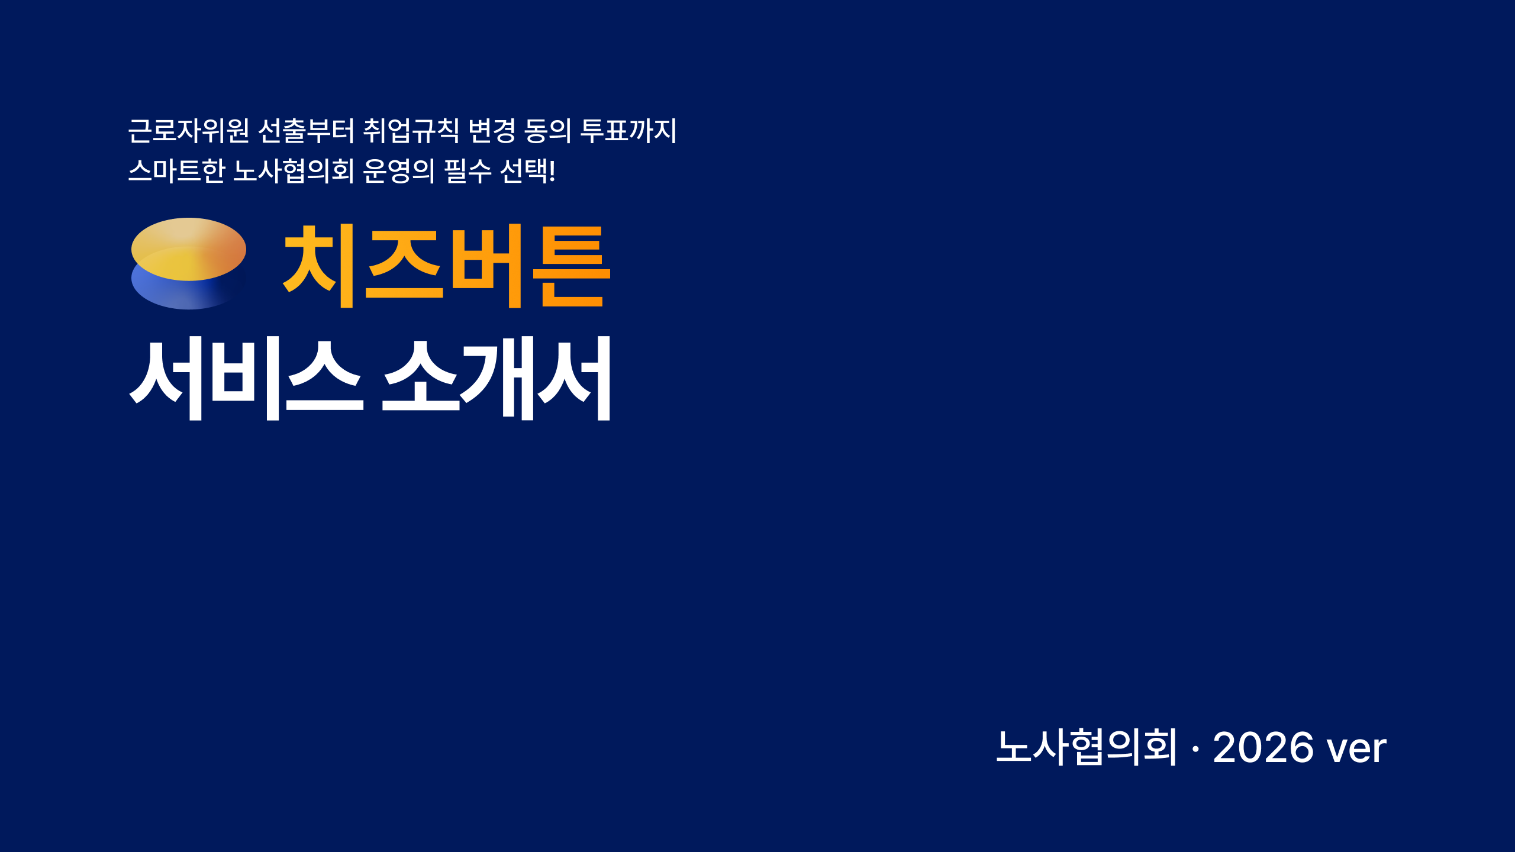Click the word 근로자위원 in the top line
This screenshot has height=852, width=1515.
coord(188,131)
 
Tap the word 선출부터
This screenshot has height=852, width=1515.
coord(306,131)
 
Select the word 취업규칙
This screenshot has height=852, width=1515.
coord(411,131)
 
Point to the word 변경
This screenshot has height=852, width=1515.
coord(492,131)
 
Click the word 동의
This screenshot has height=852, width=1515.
coord(548,131)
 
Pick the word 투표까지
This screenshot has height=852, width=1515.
coord(628,131)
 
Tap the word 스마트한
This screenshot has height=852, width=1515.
coord(176,171)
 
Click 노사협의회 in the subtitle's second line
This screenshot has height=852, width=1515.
coord(294,171)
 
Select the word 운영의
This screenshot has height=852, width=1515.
coord(399,171)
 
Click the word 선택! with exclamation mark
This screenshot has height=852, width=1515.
coord(528,171)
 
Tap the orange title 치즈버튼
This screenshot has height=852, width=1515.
coord(447,266)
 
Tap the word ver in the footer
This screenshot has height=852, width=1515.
coord(1356,749)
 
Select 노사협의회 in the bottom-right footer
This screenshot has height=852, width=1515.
coord(1087,747)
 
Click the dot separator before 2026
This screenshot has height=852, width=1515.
coord(1195,749)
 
